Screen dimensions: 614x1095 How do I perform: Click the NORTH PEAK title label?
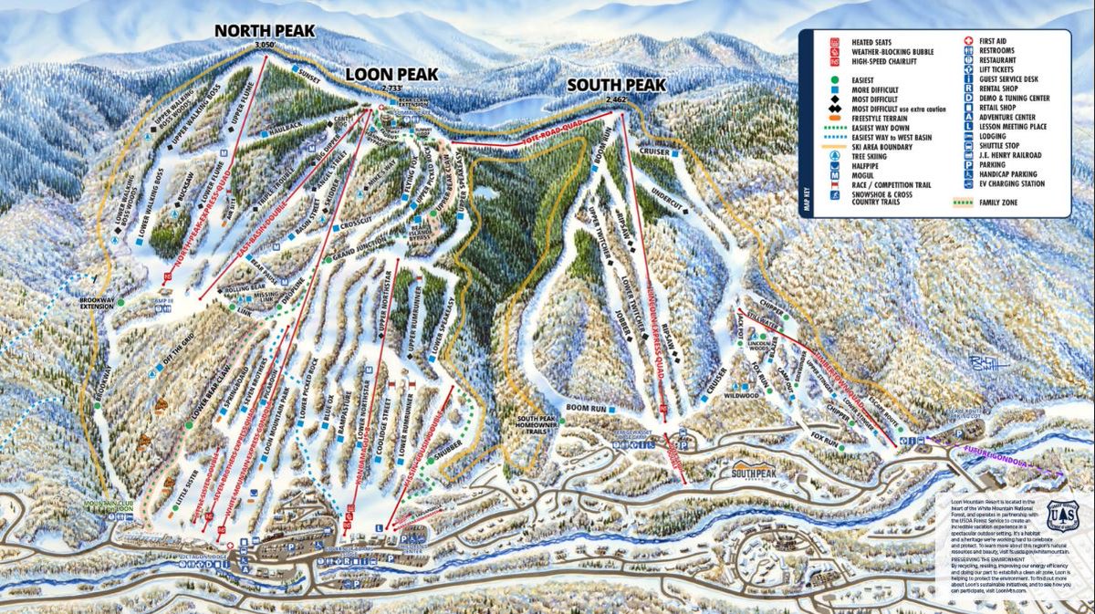(x=265, y=31)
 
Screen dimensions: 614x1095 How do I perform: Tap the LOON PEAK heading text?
(x=391, y=74)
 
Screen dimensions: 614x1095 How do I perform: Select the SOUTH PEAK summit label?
(x=616, y=85)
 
